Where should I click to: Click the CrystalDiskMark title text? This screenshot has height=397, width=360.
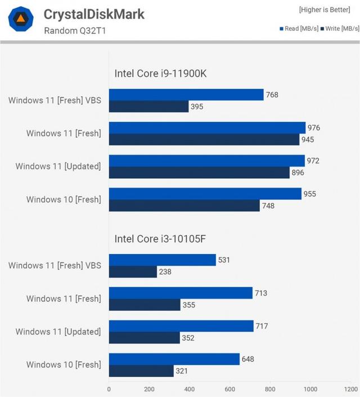coord(94,13)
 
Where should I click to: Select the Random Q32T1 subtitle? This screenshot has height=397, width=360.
coord(75,30)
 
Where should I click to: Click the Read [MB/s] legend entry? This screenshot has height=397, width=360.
coord(298,29)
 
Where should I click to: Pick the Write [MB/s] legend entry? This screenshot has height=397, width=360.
coord(338,29)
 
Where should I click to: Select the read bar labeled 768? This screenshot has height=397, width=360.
coord(186,95)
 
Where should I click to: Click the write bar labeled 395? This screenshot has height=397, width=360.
coord(149,106)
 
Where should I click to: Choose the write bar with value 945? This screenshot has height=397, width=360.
coord(204,139)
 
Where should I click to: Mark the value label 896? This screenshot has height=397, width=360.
coord(298,173)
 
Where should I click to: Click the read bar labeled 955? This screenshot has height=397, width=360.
coord(205,194)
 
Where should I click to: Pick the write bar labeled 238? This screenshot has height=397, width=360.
coord(133,272)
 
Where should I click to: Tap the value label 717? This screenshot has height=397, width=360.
coord(263,326)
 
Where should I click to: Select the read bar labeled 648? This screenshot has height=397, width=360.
coord(174,359)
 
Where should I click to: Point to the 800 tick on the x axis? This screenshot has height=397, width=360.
coord(270,389)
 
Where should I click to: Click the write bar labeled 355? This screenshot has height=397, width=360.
coord(145,305)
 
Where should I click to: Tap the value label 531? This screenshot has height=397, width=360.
coord(225,260)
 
